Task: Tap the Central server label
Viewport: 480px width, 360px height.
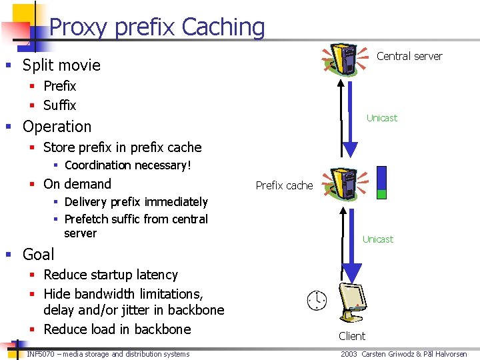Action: click(409, 56)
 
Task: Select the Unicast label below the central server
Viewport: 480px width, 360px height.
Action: click(381, 118)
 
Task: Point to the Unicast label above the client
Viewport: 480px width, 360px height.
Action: click(377, 239)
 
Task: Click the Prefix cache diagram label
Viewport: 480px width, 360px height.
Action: click(284, 185)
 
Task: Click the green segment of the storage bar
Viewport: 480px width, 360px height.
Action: click(381, 194)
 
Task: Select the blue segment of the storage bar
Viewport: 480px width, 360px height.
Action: click(381, 177)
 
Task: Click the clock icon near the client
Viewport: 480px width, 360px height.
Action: click(317, 300)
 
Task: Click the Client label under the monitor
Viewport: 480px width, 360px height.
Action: click(352, 336)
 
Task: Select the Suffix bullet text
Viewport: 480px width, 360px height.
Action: click(60, 105)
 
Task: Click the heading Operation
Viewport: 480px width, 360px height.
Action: click(57, 127)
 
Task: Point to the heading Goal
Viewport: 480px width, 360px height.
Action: click(39, 255)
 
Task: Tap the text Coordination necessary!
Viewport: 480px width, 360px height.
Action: click(128, 165)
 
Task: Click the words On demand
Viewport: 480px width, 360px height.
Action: click(77, 184)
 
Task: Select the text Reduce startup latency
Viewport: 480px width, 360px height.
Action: click(111, 275)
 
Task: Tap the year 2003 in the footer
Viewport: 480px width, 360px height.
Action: click(349, 354)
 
